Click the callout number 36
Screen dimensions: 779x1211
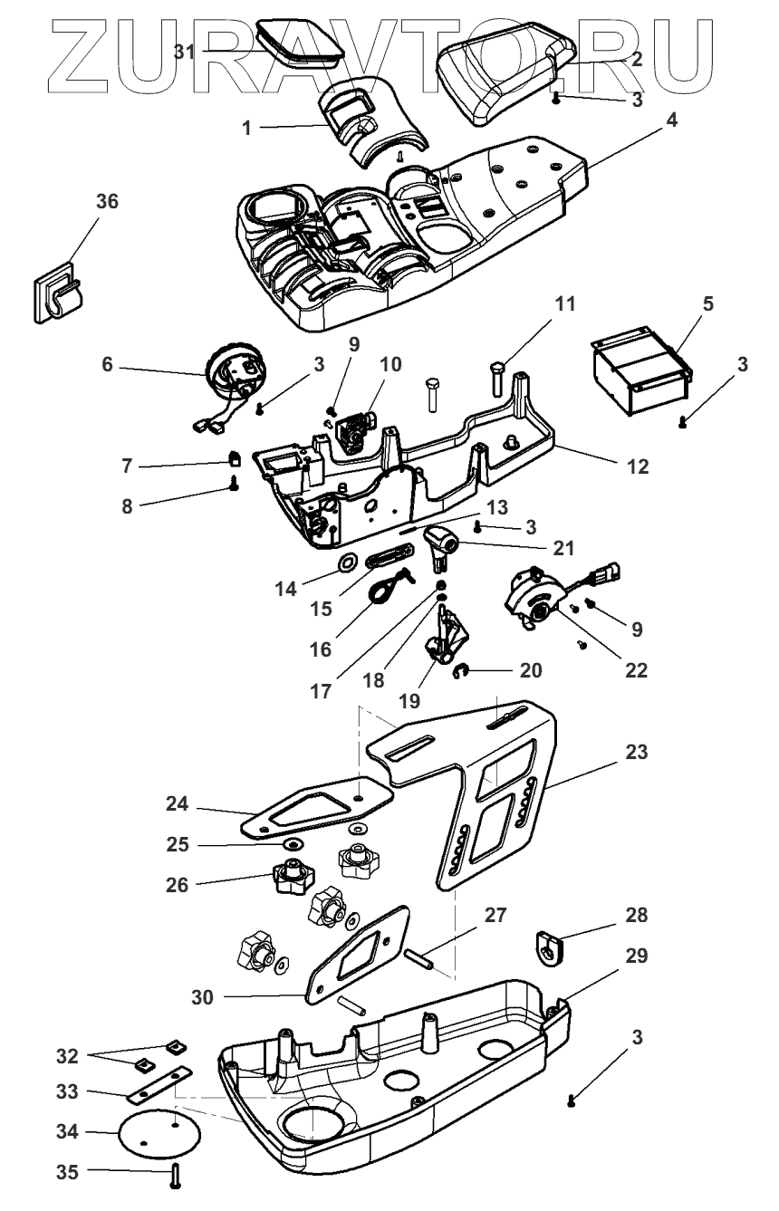[x=107, y=202]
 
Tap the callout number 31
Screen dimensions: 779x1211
[x=185, y=52]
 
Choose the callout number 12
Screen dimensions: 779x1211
[x=638, y=467]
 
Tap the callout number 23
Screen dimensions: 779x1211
[x=636, y=752]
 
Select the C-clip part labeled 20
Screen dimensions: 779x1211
[x=459, y=671]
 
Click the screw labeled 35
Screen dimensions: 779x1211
[x=174, y=1177]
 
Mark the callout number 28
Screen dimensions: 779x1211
[x=636, y=915]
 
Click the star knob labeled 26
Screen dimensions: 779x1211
[x=293, y=877]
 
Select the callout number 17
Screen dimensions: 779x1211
[x=321, y=691]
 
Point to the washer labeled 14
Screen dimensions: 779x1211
[x=347, y=562]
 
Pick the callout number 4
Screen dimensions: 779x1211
[x=671, y=120]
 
